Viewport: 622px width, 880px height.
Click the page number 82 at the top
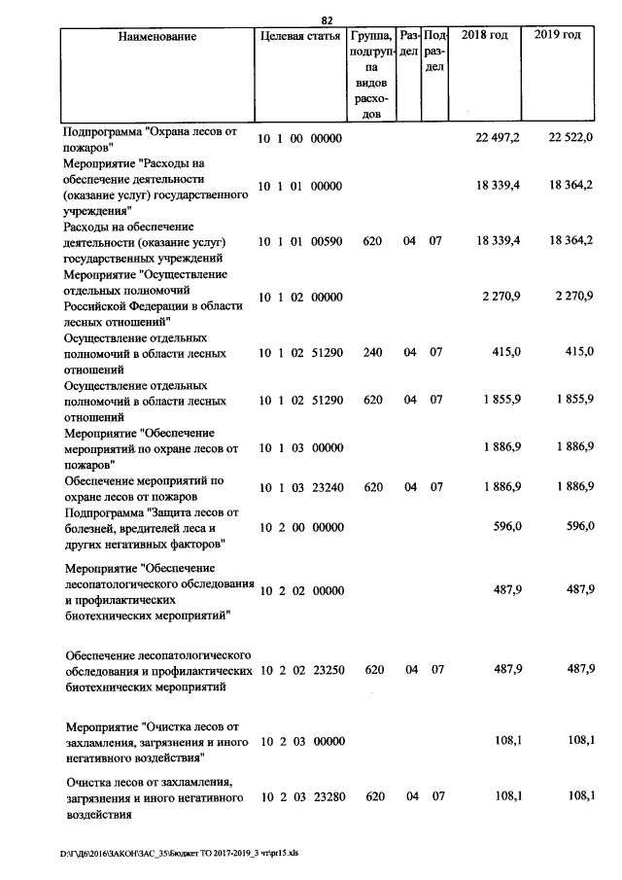[x=327, y=19]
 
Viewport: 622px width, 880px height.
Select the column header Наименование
[x=156, y=37]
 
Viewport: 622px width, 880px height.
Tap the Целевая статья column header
[x=299, y=36]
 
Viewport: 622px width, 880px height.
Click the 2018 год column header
[x=484, y=36]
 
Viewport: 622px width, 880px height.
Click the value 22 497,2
[x=498, y=138]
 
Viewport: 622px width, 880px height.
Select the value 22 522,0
[x=570, y=138]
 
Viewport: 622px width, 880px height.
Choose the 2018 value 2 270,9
[x=501, y=296]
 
